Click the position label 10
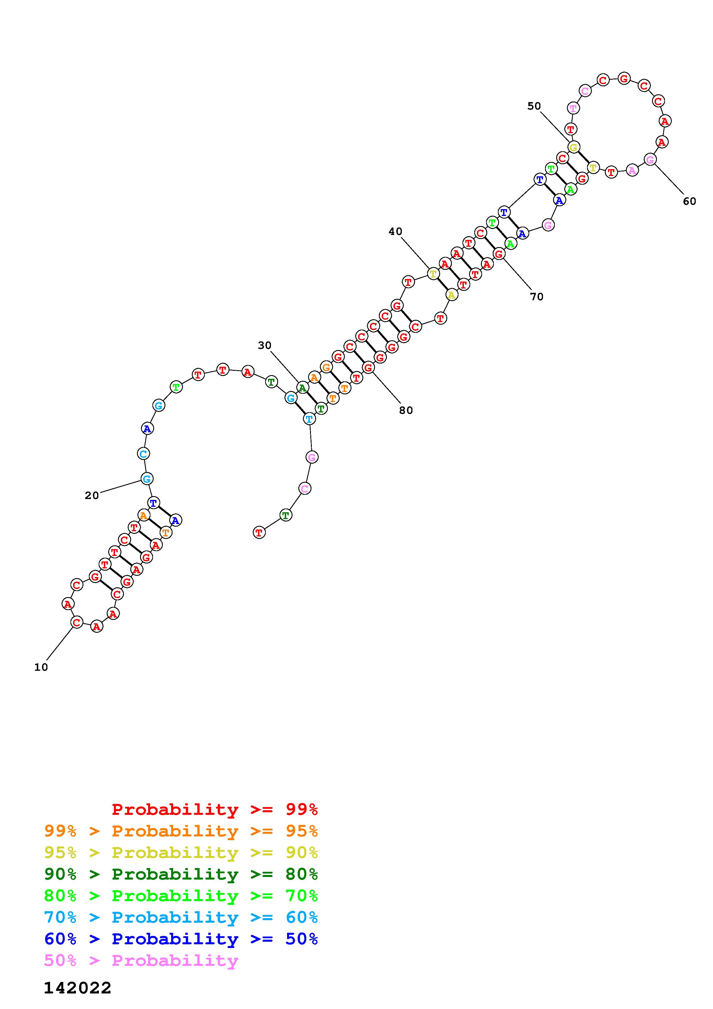tap(41, 667)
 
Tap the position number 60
tap(689, 201)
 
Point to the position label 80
tap(406, 410)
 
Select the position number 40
tap(395, 231)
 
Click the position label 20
tap(92, 496)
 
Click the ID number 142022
tap(78, 988)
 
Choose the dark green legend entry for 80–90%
tap(181, 874)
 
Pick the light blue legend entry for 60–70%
tap(181, 918)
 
